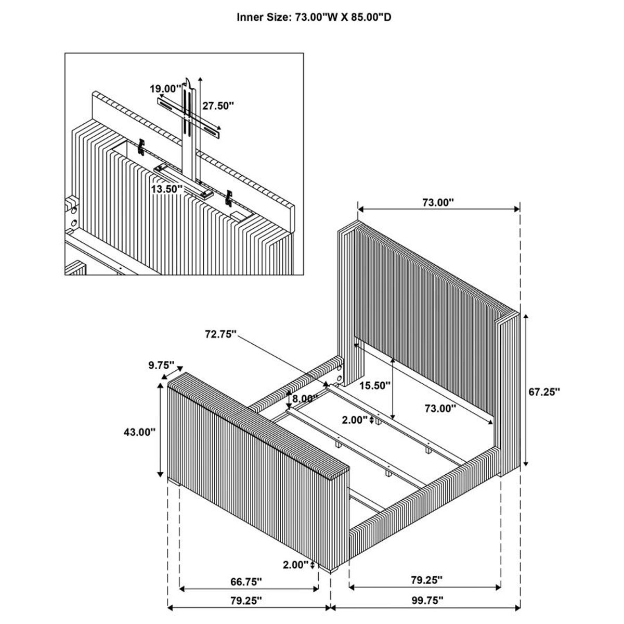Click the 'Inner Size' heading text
click(x=314, y=18)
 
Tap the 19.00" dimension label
click(x=165, y=88)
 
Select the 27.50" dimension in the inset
click(x=218, y=106)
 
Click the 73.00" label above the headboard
click(x=438, y=203)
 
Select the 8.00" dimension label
click(x=305, y=399)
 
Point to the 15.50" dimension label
click(x=375, y=385)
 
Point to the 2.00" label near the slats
click(x=355, y=419)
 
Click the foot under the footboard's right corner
click(x=333, y=556)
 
